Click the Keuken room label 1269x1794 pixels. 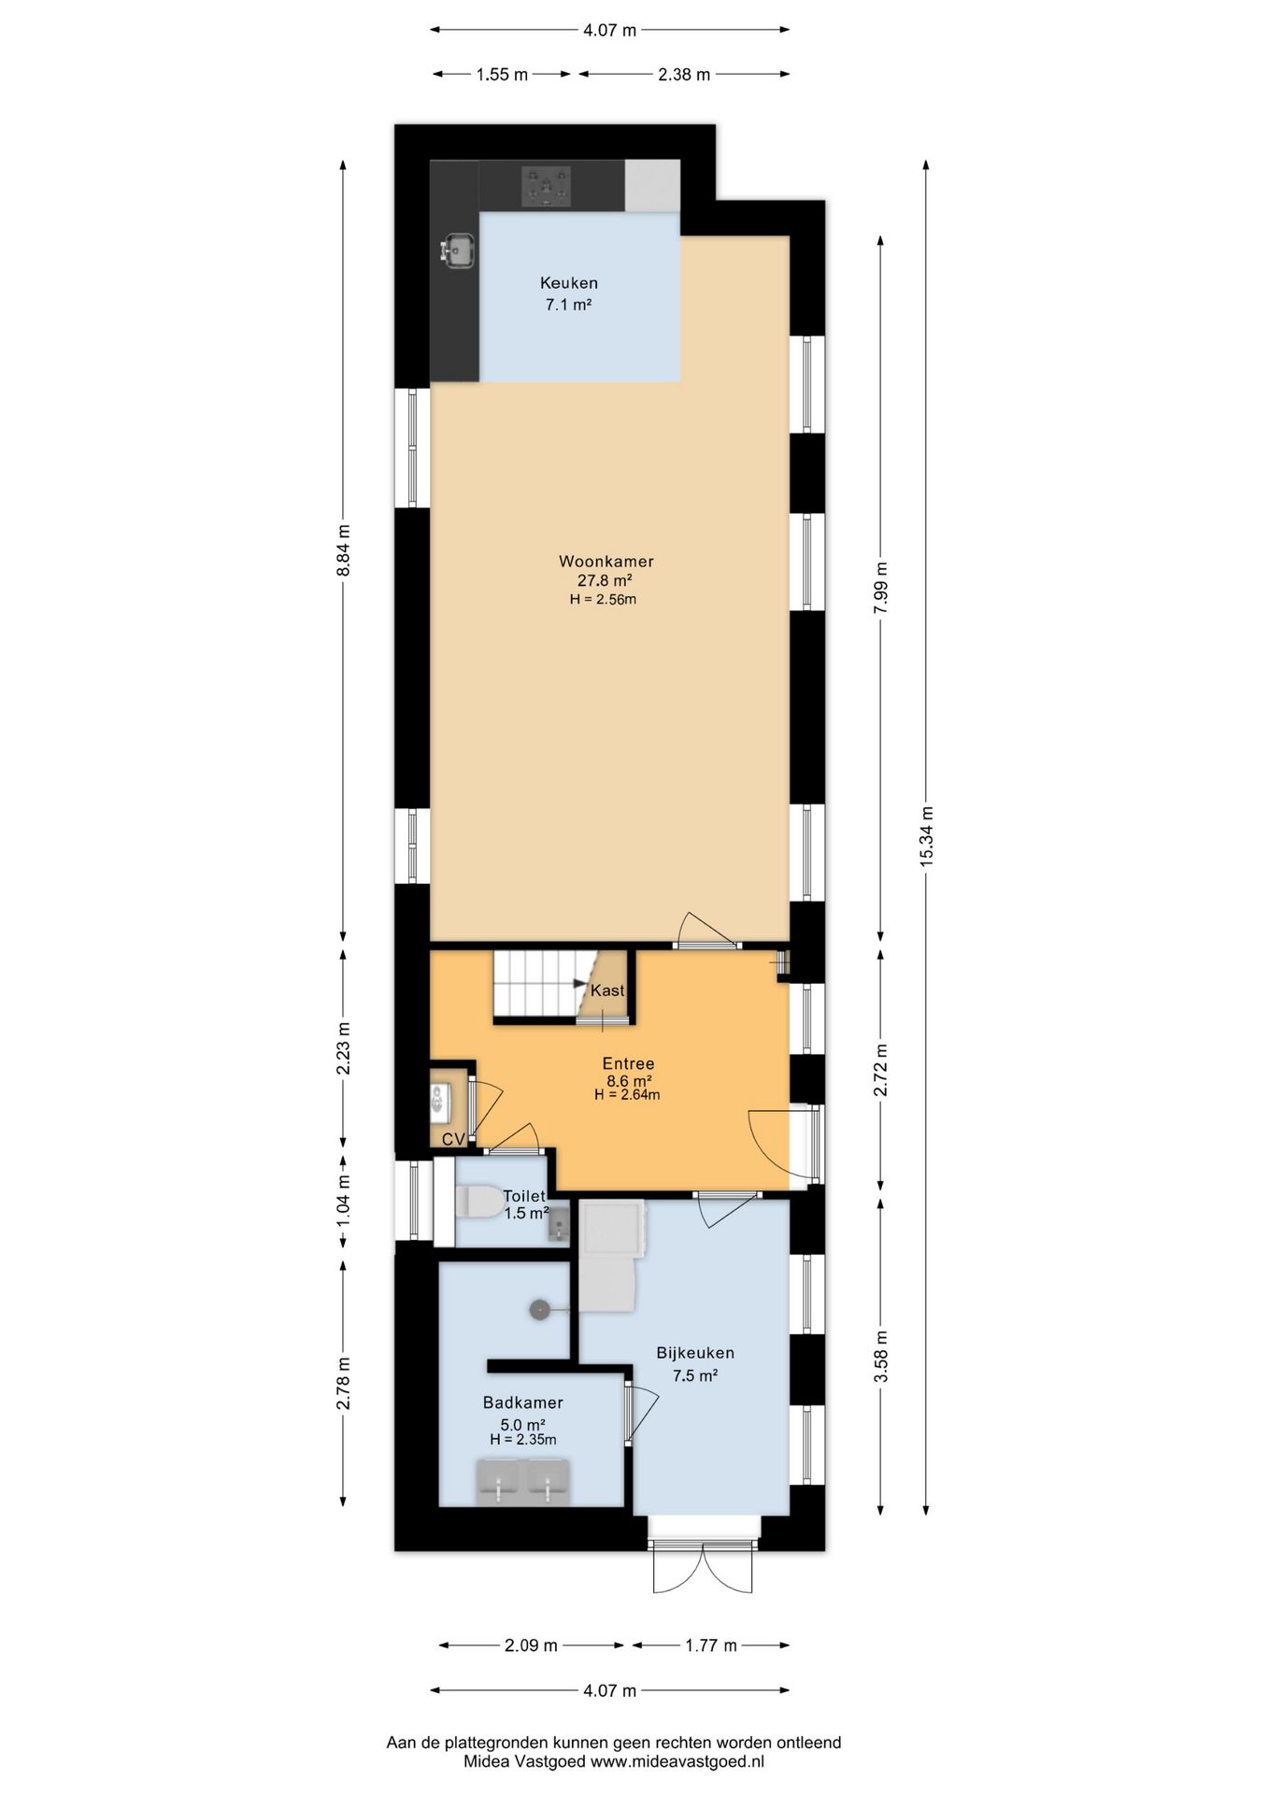(x=569, y=283)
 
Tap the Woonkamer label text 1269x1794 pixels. (x=606, y=562)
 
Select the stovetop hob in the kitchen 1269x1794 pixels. (x=546, y=186)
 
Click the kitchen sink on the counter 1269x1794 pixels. (x=457, y=250)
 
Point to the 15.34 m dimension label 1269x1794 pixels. (x=926, y=836)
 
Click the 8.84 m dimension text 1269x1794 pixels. (x=343, y=550)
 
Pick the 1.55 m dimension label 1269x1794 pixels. (x=502, y=75)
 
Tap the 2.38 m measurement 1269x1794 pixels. (x=684, y=75)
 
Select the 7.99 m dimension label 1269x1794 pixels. (x=880, y=588)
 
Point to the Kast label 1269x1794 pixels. (x=607, y=990)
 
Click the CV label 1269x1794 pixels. (x=453, y=1140)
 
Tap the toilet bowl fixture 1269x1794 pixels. (x=479, y=1202)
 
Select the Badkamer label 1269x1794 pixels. (x=522, y=1402)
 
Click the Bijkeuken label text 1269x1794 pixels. (x=695, y=1353)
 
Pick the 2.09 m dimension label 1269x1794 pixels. (x=531, y=1645)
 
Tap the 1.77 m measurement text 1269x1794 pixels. (x=711, y=1645)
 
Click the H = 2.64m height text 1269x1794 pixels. (x=627, y=1095)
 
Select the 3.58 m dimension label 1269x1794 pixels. (x=880, y=1357)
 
